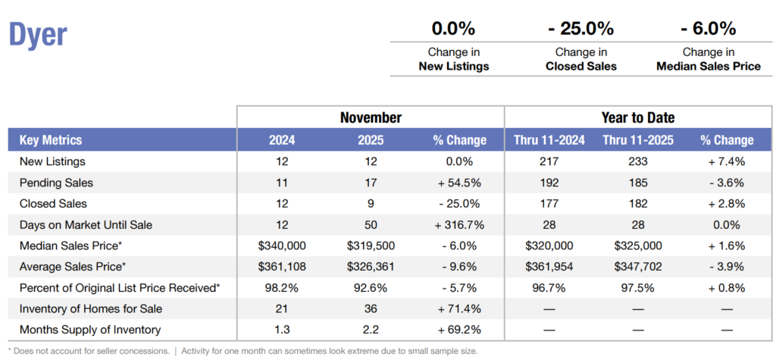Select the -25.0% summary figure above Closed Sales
(x=580, y=30)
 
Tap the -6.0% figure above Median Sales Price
(x=708, y=30)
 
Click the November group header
(x=370, y=117)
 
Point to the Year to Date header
(x=637, y=117)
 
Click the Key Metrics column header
(x=51, y=140)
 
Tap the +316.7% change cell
(x=460, y=224)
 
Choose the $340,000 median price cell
(x=282, y=246)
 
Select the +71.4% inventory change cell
(x=460, y=308)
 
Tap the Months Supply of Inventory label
(x=89, y=330)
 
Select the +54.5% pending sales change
(x=460, y=183)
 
